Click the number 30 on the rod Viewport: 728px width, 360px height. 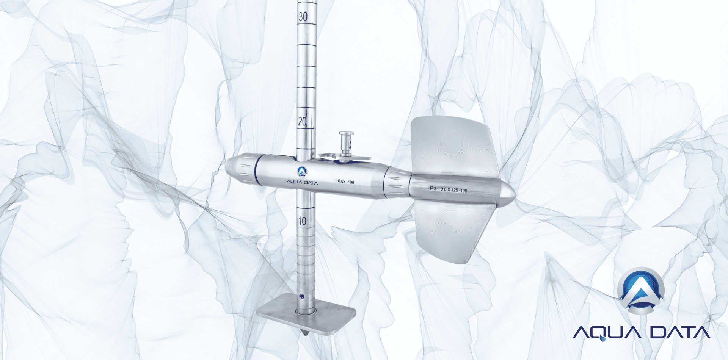coord(303,17)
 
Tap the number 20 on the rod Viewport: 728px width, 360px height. coord(302,121)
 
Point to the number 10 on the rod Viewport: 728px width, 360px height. coord(302,221)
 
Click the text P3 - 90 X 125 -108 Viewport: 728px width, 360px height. coord(448,189)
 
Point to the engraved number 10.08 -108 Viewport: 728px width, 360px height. coord(345,182)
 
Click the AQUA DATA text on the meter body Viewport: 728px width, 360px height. coord(302,182)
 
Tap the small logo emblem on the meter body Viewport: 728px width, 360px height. coord(302,172)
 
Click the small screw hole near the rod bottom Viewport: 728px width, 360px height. coord(301,296)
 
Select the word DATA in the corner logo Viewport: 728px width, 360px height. coord(679,332)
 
